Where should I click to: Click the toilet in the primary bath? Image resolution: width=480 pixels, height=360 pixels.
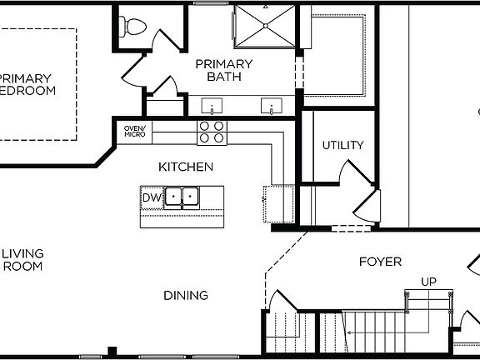(132, 27)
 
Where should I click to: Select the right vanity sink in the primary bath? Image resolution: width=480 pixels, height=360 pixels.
(271, 107)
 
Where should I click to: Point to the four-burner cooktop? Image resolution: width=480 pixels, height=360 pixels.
(212, 132)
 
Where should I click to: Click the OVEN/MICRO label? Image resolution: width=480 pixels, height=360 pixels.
(134, 131)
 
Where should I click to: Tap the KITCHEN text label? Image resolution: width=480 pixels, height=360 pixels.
(180, 167)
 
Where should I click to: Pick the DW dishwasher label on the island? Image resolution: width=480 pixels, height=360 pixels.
(150, 197)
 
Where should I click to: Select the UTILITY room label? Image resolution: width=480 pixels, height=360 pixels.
(342, 145)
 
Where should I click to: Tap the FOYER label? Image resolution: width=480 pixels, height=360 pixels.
(380, 262)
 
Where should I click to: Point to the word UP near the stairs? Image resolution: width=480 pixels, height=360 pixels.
(428, 282)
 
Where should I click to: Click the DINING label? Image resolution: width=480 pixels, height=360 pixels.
(186, 295)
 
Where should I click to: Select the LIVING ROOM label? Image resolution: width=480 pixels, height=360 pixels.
(22, 260)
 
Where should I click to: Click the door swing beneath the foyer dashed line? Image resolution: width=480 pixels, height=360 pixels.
(284, 301)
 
